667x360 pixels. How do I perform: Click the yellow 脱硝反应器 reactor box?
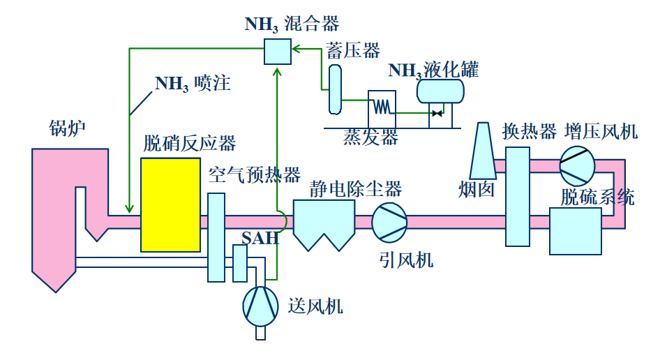coord(170,204)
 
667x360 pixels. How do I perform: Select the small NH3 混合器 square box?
coord(277,50)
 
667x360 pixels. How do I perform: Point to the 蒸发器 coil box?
coord(381,105)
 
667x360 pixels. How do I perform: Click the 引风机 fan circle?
coord(389,222)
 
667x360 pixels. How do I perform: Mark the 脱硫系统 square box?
coord(575,230)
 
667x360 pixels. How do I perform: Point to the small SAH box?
coord(240,264)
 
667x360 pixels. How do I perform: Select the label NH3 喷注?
coord(193,84)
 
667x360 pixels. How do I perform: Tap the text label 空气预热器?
coord(254,174)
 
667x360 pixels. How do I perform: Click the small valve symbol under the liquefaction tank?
coord(437,112)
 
